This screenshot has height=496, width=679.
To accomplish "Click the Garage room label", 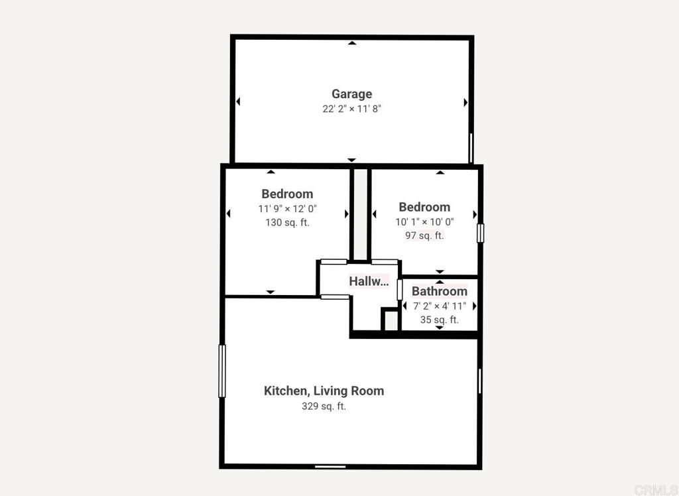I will tap(351, 94).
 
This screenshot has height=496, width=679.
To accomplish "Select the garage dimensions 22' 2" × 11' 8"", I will tap(351, 109).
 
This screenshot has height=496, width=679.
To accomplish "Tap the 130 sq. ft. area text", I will tap(287, 223).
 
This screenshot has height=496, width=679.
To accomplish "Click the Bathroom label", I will tap(439, 291).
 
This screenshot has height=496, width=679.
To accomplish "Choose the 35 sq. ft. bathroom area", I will tap(439, 320).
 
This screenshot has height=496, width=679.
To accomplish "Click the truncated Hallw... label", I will tap(369, 281).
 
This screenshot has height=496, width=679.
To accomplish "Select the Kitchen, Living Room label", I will tap(324, 391).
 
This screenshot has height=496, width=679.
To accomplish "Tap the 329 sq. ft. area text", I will tap(324, 406).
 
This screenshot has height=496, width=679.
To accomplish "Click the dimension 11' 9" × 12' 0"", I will tap(287, 208).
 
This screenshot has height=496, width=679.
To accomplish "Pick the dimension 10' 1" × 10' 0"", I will tap(424, 221).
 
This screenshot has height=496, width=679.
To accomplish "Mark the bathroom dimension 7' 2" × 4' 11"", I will tap(439, 306).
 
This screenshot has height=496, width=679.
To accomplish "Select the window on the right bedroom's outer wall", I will tap(480, 233).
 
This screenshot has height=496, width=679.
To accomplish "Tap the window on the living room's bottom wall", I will tap(330, 466).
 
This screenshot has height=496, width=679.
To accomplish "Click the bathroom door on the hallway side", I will tap(400, 290).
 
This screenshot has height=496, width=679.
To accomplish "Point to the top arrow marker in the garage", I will tap(352, 44).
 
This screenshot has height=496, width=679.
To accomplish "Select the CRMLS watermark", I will tap(656, 489).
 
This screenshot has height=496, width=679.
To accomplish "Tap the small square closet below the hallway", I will tap(391, 320).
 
